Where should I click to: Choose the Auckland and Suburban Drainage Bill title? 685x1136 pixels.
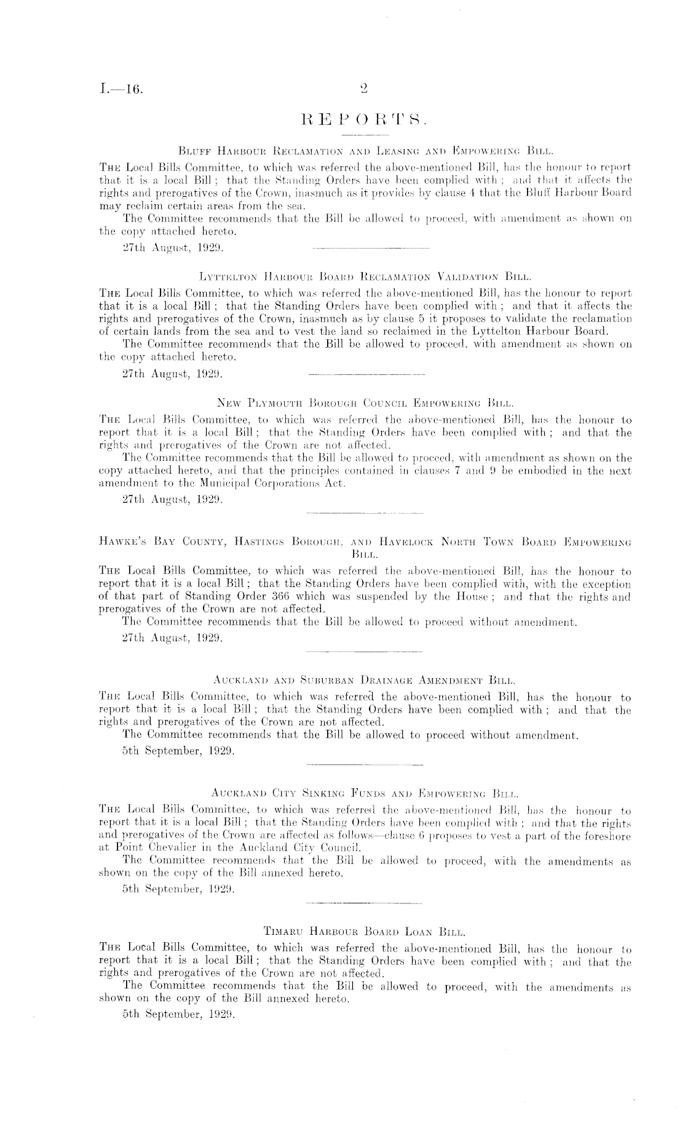[365, 681]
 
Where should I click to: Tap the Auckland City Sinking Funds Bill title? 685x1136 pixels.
[365, 794]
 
